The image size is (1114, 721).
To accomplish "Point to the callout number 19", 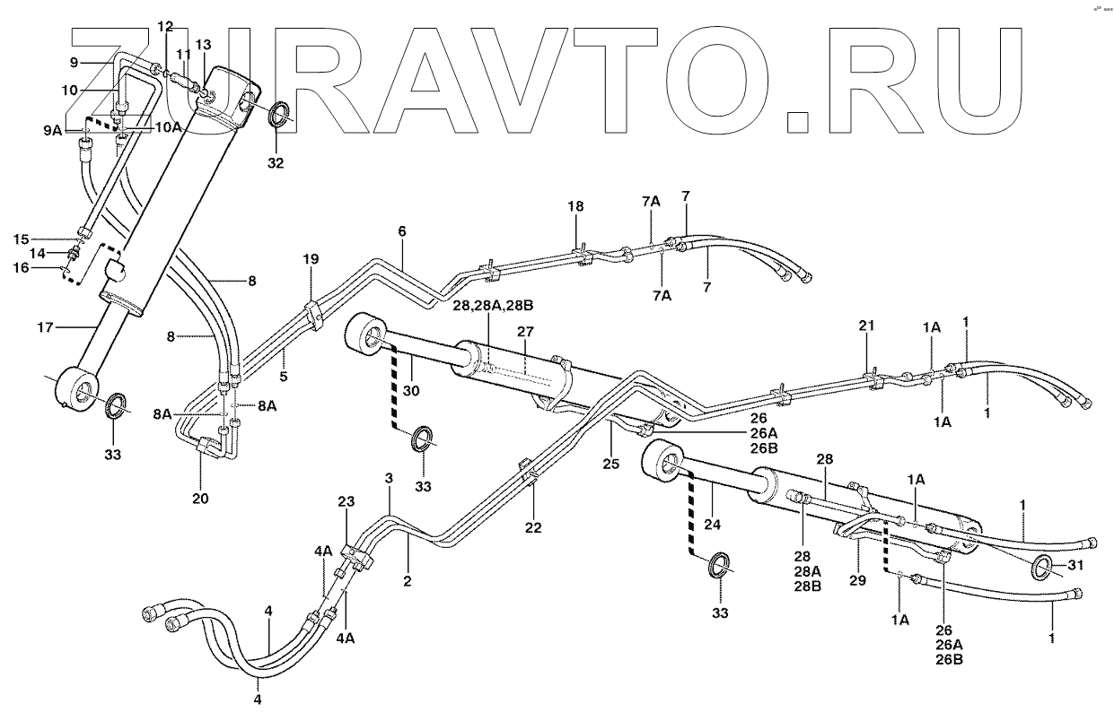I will tap(311, 259).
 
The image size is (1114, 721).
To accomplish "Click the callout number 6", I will tap(401, 231).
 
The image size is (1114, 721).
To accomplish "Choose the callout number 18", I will tap(575, 206).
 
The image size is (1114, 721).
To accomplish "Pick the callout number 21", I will tap(865, 327).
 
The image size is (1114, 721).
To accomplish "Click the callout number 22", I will tap(533, 529).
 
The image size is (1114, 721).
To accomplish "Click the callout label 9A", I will tap(51, 131).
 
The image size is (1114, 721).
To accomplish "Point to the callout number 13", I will tap(203, 45).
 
